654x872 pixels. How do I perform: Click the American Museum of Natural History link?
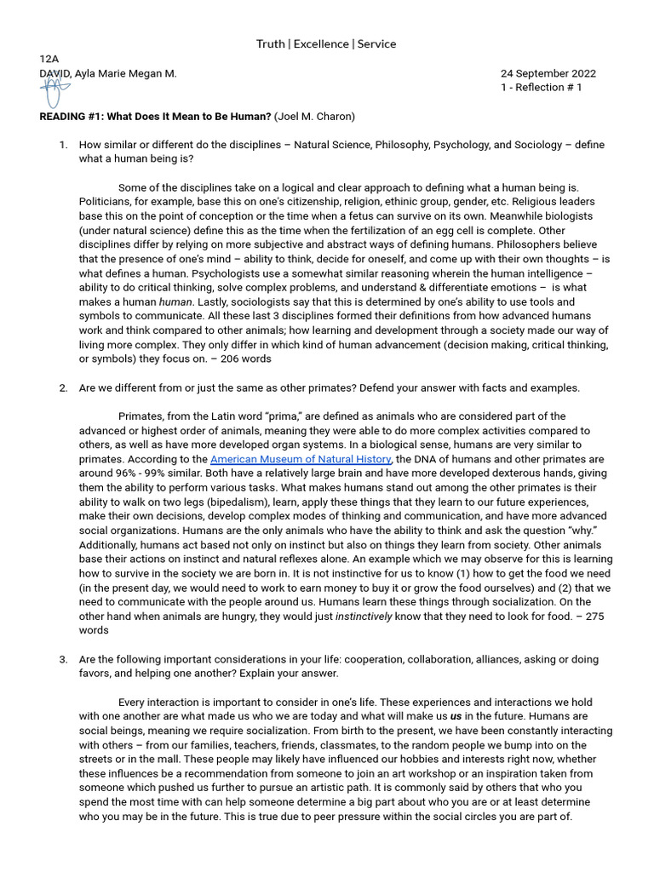click(301, 459)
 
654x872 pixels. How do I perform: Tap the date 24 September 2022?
click(548, 73)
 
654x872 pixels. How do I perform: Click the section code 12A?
click(49, 59)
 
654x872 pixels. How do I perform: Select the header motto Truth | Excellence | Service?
click(326, 43)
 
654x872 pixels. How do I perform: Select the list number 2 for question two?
click(63, 388)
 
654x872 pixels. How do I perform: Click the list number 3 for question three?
click(63, 660)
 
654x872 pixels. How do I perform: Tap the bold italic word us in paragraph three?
click(456, 717)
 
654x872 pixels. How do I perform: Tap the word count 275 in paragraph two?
click(594, 617)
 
